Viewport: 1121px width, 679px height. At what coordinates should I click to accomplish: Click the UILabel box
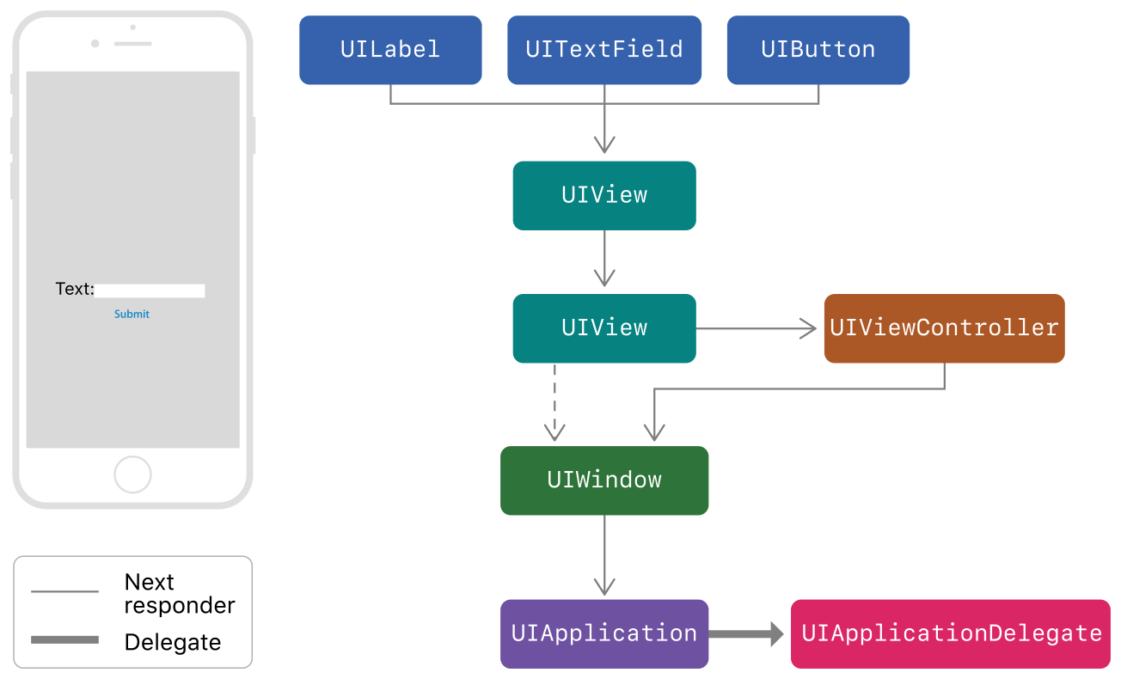click(390, 50)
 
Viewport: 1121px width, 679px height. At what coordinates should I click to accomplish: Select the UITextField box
click(604, 50)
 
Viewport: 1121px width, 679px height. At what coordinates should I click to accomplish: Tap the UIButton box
click(818, 50)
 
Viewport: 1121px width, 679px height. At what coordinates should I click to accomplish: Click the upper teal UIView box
click(604, 195)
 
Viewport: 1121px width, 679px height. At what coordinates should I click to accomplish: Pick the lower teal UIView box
click(604, 328)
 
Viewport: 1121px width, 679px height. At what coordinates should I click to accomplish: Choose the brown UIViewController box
click(944, 328)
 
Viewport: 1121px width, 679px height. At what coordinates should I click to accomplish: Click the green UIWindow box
click(604, 480)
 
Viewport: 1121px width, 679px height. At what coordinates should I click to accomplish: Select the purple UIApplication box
click(604, 633)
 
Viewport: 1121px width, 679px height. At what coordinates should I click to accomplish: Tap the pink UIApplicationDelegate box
click(951, 633)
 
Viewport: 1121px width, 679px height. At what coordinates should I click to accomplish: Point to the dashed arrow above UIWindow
click(554, 400)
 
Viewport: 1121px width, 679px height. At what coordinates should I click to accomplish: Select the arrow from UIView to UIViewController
click(757, 328)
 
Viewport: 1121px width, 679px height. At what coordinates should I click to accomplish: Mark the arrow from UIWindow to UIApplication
click(604, 554)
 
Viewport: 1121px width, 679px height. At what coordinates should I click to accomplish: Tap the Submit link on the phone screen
click(132, 315)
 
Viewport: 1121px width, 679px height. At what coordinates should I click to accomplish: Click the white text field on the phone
click(150, 291)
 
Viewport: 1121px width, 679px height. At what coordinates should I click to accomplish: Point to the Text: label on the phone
click(75, 290)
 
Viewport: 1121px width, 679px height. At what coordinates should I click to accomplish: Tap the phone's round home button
click(132, 474)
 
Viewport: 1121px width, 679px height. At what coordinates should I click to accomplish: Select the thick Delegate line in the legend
click(64, 640)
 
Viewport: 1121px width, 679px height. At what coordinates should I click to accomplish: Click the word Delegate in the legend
click(173, 642)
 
